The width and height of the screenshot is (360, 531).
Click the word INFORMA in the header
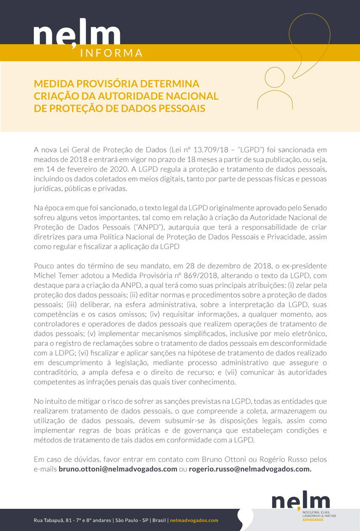pyautogui.click(x=112, y=53)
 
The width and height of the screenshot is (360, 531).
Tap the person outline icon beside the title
pyautogui.click(x=274, y=88)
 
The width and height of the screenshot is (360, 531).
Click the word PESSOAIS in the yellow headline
pyautogui.click(x=181, y=108)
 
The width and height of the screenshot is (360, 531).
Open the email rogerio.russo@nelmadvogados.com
pyautogui.click(x=250, y=469)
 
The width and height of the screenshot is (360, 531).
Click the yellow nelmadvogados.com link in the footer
pyautogui.click(x=194, y=520)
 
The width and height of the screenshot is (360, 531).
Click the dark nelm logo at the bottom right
pyautogui.click(x=300, y=500)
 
